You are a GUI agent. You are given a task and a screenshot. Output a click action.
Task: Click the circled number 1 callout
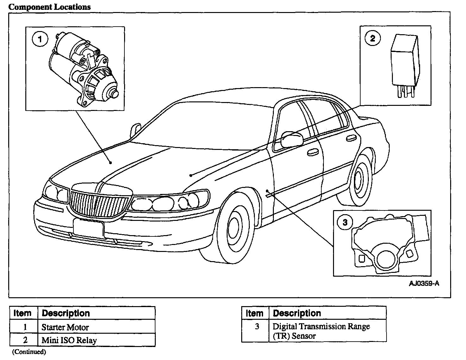[x=40, y=40]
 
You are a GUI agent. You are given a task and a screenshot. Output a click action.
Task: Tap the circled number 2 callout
[x=373, y=38]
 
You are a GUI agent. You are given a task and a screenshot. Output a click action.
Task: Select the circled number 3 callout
[x=345, y=222]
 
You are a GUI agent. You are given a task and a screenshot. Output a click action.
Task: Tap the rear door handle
[x=350, y=138]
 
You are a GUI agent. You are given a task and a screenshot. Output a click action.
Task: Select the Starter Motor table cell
[x=65, y=327]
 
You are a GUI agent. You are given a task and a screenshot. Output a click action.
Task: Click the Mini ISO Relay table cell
[x=69, y=340]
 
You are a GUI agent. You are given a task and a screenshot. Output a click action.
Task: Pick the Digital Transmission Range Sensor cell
[x=321, y=331]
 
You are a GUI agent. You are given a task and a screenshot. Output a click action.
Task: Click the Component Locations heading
[x=50, y=7]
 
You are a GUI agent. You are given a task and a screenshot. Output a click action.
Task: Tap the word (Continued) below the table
[x=29, y=351]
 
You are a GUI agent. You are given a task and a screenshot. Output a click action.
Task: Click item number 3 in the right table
[x=257, y=326]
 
